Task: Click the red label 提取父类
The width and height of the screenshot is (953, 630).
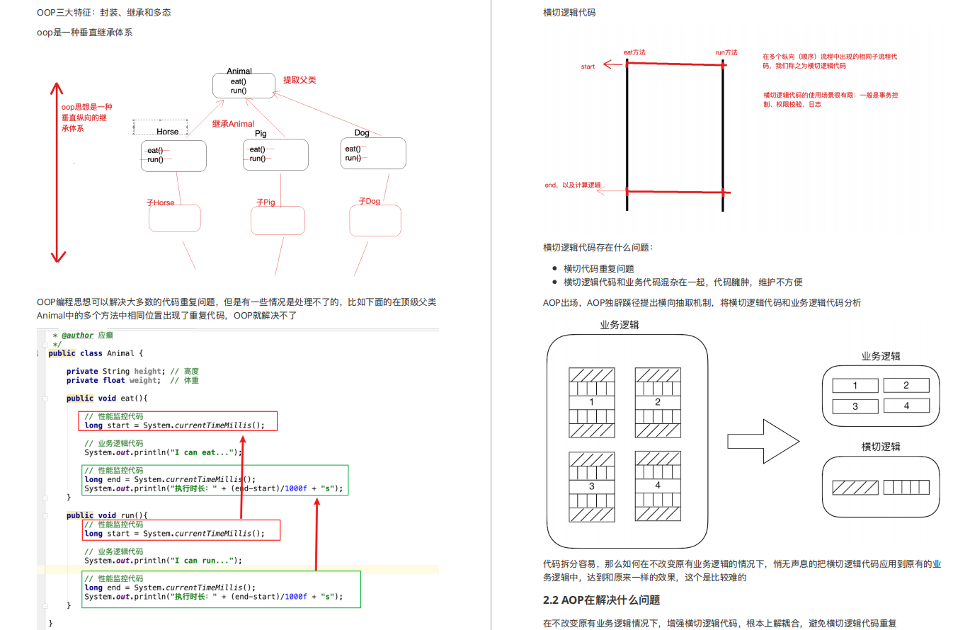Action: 299,80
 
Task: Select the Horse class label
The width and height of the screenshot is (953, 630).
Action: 168,132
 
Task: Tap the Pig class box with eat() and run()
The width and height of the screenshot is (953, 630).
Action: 275,154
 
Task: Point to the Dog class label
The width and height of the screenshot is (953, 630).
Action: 362,133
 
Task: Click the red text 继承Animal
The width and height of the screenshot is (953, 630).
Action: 233,124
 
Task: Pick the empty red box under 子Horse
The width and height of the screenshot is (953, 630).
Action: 174,219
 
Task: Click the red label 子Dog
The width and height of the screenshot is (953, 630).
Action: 370,202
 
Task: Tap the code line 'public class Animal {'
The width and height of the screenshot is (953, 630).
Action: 96,353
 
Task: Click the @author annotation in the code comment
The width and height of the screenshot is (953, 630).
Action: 77,336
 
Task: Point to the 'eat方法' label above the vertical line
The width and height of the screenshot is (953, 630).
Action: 634,52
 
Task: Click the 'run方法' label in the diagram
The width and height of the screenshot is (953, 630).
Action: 726,52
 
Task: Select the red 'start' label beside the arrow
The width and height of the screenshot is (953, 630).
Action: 588,67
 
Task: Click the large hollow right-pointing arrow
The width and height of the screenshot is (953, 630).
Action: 763,442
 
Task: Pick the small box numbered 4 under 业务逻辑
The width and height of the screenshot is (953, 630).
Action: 906,406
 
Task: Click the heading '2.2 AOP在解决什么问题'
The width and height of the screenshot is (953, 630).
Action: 601,600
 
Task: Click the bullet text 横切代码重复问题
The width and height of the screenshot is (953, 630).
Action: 598,268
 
